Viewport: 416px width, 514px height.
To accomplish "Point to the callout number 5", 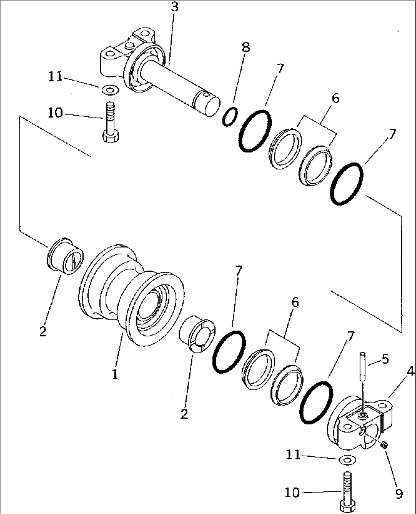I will coord(385,359).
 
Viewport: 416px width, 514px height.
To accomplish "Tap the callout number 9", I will coord(399,494).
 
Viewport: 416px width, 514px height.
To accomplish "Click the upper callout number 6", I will coord(335,98).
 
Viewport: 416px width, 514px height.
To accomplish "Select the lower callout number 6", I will coord(295,302).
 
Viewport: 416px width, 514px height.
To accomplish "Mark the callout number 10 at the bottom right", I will coord(292,493).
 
